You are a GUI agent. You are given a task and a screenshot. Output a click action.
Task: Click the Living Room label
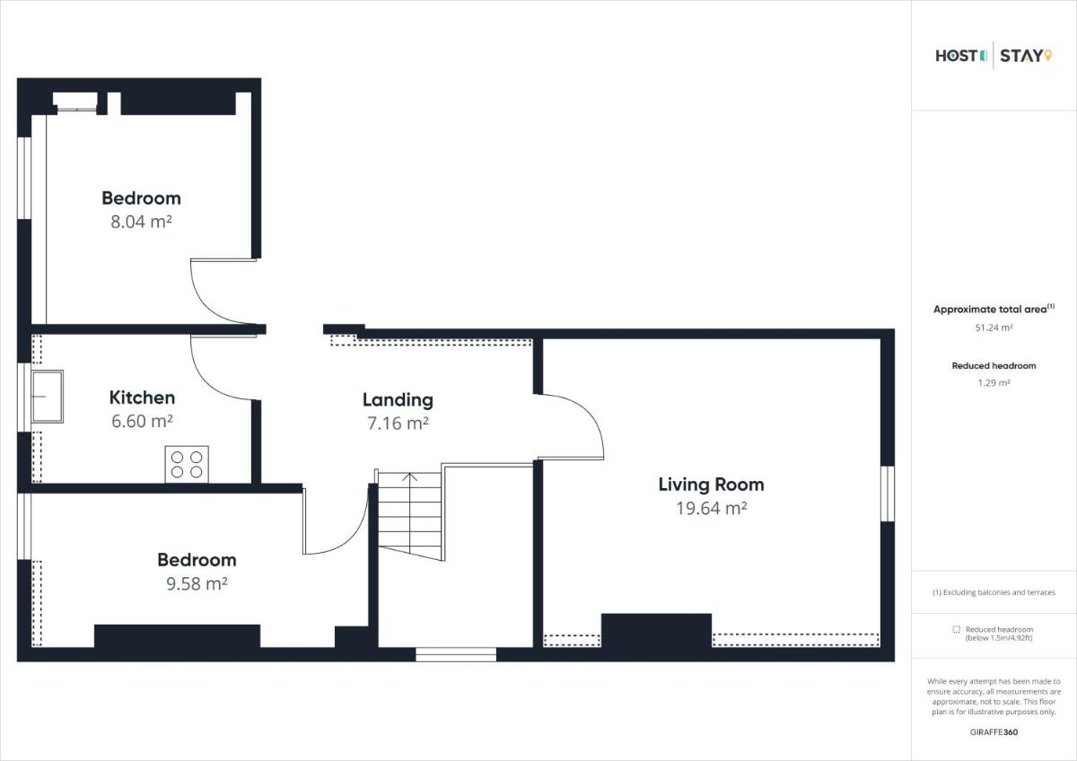(x=711, y=485)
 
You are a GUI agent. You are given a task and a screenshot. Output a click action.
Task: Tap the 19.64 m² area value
(x=712, y=508)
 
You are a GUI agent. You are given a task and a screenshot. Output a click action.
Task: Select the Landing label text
(x=398, y=400)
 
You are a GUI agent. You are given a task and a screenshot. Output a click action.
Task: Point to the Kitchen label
(x=142, y=398)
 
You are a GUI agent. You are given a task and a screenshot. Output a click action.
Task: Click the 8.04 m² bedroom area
(x=142, y=222)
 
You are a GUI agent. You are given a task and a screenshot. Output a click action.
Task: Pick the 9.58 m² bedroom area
(x=197, y=583)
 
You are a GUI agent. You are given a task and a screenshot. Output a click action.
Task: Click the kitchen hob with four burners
(x=187, y=464)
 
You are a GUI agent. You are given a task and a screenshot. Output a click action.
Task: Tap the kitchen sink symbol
(x=47, y=397)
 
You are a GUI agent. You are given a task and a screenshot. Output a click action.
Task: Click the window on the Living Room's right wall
(x=888, y=494)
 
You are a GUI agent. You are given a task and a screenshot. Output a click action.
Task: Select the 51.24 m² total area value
(x=994, y=328)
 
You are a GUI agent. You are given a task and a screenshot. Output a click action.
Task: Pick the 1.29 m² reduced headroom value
(x=994, y=383)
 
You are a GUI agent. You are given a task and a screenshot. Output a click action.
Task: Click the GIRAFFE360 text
(x=994, y=732)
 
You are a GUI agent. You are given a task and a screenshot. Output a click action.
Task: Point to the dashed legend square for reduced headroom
(x=957, y=629)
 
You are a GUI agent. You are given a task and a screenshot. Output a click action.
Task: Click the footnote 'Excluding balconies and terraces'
(x=999, y=592)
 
